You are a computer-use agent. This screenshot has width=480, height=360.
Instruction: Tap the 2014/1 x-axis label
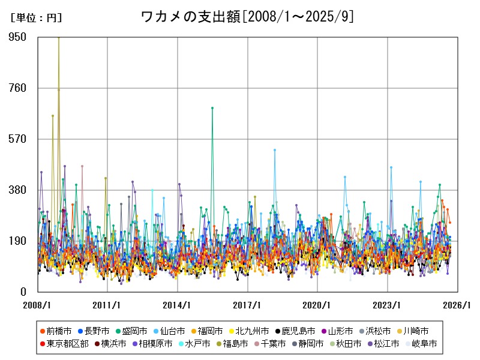tap(178, 305)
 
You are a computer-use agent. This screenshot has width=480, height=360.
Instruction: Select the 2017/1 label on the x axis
tap(248, 305)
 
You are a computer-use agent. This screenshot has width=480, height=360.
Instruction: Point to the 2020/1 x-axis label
tap(318, 305)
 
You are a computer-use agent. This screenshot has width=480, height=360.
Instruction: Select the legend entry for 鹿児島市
tap(298, 331)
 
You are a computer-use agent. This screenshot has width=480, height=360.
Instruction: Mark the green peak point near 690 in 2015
tap(212, 108)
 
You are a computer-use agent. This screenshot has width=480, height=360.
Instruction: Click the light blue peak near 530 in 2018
tap(275, 150)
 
